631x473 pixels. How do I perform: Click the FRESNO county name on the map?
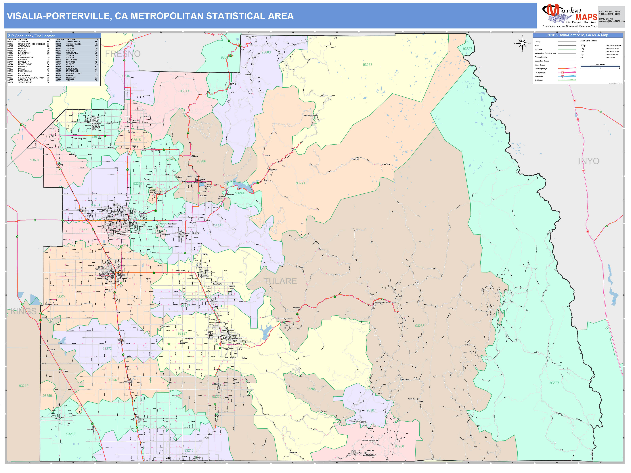click(123, 54)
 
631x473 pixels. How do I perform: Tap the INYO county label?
click(589, 161)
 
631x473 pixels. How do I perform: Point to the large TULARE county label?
click(280, 281)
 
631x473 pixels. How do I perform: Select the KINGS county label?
click(23, 311)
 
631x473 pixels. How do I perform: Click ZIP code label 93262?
click(367, 65)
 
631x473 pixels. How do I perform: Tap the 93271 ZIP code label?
click(300, 183)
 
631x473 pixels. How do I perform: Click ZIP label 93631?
click(35, 160)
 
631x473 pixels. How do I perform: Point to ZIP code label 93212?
click(24, 386)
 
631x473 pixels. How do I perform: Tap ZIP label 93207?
click(371, 410)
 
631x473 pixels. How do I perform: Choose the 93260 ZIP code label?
click(399, 446)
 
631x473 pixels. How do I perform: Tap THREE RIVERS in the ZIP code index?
click(74, 44)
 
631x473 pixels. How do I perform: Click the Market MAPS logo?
click(569, 16)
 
